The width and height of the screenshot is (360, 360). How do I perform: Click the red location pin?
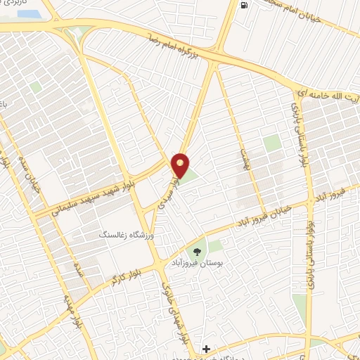[181, 165]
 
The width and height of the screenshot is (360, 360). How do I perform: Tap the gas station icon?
[243, 6]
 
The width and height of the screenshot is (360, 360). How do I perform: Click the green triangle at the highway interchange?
[85, 32]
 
